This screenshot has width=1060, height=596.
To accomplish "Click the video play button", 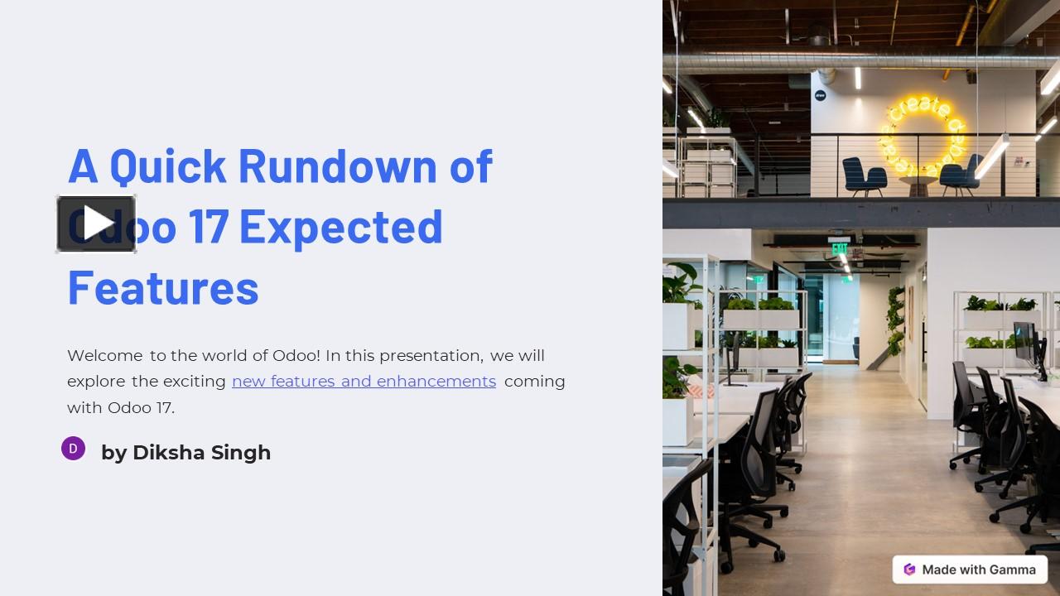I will (x=96, y=223).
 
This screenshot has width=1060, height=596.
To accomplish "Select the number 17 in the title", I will (x=208, y=226).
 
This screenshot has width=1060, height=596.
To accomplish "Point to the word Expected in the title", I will (x=340, y=226).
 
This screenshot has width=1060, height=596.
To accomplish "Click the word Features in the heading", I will (x=163, y=287).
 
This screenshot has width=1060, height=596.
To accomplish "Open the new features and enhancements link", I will (x=364, y=382).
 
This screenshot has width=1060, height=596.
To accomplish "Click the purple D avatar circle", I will (x=73, y=449).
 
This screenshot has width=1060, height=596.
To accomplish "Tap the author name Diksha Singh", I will (x=201, y=453).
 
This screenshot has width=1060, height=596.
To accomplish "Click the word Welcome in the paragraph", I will (x=104, y=356).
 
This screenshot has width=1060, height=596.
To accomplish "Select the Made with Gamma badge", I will (x=970, y=570).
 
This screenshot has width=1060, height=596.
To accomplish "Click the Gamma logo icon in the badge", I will (x=909, y=570).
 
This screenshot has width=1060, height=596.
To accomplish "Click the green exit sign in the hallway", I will (x=840, y=248).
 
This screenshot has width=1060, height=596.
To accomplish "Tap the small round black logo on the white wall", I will (x=820, y=95).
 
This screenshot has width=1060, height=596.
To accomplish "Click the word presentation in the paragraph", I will (x=431, y=356).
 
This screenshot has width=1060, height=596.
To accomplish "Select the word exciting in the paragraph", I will (x=195, y=382).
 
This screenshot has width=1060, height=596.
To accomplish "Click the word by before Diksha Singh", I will (x=113, y=453).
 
